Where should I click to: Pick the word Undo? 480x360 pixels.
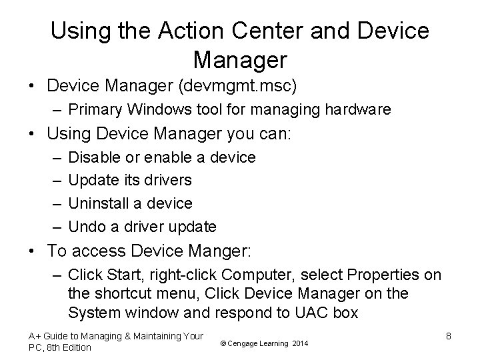87,227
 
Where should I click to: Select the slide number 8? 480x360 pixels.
449,337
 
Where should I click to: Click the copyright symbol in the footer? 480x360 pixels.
222,343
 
